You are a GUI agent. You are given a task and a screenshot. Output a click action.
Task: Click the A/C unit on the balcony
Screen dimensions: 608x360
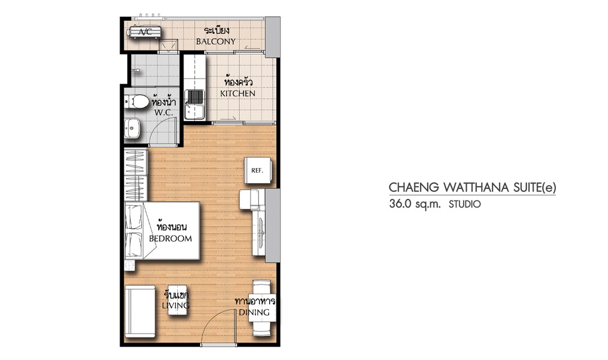pos(145,31)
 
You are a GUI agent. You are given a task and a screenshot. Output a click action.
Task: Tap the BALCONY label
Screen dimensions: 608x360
pos(216,42)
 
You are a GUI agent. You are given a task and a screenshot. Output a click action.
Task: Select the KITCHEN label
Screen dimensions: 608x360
pos(238,93)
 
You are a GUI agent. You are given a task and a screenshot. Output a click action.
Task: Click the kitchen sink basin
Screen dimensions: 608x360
pos(195,104)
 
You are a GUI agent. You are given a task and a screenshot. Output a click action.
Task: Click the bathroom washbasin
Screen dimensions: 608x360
pos(132,128)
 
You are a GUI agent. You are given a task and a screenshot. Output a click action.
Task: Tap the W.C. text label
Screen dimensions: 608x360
pos(164,112)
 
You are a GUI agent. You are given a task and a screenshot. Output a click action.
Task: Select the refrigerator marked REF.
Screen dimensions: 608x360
pos(257,170)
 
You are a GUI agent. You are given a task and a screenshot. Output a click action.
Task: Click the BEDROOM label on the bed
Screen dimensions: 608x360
pos(170,238)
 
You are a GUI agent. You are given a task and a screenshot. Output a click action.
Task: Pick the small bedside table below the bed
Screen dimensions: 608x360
pos(129,265)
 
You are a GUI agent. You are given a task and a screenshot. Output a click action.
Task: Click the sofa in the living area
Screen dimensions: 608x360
pos(140,311)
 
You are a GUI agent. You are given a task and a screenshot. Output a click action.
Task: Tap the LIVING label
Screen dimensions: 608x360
pos(176,305)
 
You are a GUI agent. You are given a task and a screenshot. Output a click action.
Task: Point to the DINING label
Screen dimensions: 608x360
pos(254,312)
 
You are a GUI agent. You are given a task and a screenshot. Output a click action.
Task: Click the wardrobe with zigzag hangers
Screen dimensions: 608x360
pos(136,175)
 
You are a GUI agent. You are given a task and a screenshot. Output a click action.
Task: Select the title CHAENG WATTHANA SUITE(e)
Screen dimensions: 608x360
pos(472,187)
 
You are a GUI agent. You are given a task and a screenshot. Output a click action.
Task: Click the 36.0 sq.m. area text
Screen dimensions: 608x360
pos(415,204)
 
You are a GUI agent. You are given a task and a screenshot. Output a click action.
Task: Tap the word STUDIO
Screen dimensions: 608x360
pos(464,204)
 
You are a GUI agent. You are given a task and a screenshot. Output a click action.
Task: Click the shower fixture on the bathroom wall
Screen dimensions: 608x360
pos(135,70)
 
